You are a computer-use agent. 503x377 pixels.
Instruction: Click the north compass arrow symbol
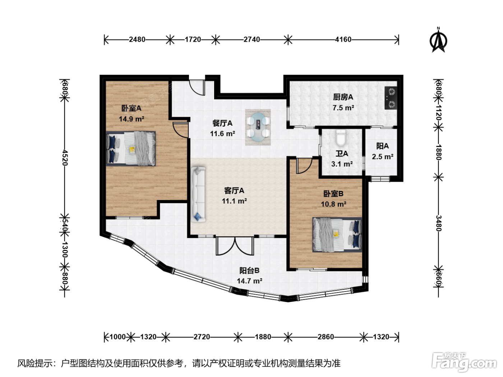(x=438, y=40)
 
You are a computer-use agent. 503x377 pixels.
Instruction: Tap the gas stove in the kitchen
(x=391, y=98)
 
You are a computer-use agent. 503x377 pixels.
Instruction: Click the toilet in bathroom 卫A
(x=341, y=138)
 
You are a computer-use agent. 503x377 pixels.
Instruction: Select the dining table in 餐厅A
(x=258, y=127)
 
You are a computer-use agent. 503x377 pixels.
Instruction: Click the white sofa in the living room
(x=198, y=194)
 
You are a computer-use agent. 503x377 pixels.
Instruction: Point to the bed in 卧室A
(x=131, y=148)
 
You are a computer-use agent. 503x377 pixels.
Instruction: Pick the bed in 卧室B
(x=337, y=234)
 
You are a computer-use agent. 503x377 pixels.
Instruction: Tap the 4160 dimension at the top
(x=343, y=39)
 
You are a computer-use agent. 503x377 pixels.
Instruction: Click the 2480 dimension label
(x=137, y=39)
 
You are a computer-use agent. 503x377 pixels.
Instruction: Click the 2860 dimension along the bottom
(x=326, y=337)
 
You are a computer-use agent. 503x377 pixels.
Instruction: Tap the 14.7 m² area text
(x=250, y=281)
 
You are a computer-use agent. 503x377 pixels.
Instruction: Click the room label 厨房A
(x=343, y=97)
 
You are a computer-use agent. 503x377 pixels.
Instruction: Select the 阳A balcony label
(x=383, y=146)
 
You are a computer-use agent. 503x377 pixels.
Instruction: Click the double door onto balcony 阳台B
(x=235, y=246)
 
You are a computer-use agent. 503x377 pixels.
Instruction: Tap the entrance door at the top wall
(x=197, y=87)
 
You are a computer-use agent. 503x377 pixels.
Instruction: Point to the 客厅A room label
(x=234, y=190)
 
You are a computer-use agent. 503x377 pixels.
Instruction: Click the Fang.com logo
(x=464, y=362)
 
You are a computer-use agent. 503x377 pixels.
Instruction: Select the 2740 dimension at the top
(x=251, y=39)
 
